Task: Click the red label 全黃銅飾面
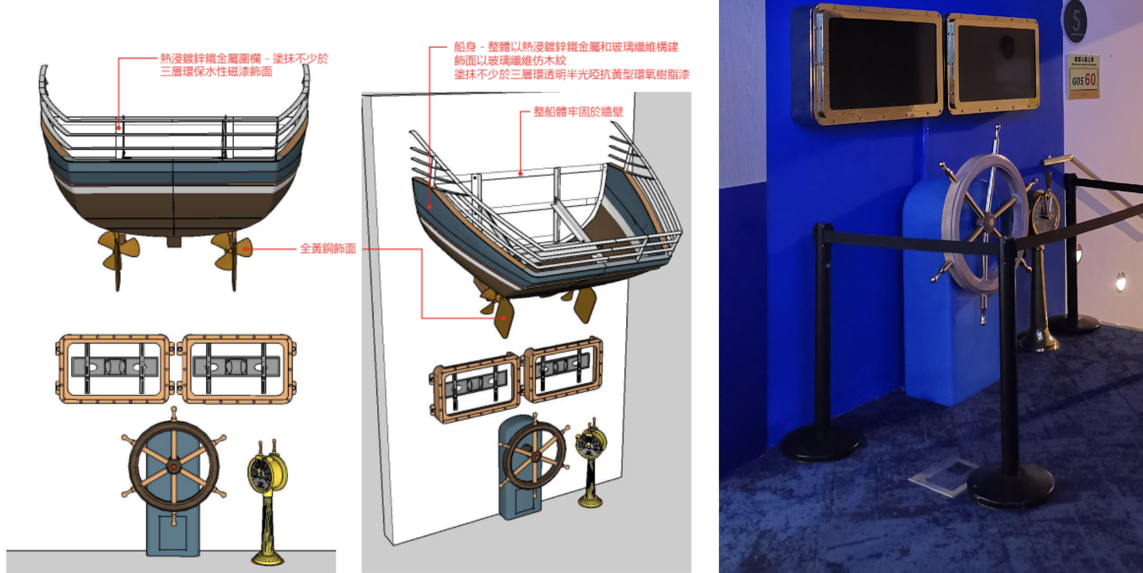[328, 249]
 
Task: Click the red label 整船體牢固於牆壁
[578, 112]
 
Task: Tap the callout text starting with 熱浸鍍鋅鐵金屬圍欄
[244, 65]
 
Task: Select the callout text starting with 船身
[571, 61]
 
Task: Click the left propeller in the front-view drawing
[118, 251]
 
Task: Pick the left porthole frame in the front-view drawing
[114, 368]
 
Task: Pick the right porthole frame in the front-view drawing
[239, 368]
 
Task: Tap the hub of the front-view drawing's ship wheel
[174, 466]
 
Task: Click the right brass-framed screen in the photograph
[993, 63]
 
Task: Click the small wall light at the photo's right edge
[1121, 280]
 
